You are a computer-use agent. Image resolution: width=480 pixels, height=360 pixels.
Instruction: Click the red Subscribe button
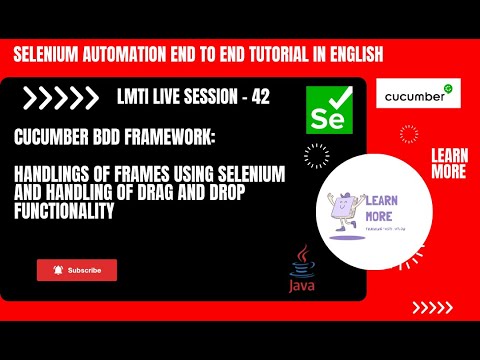click(77, 270)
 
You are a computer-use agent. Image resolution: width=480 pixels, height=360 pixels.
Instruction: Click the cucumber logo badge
click(418, 95)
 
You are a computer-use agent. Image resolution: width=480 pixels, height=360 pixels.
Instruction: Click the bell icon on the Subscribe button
click(58, 270)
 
